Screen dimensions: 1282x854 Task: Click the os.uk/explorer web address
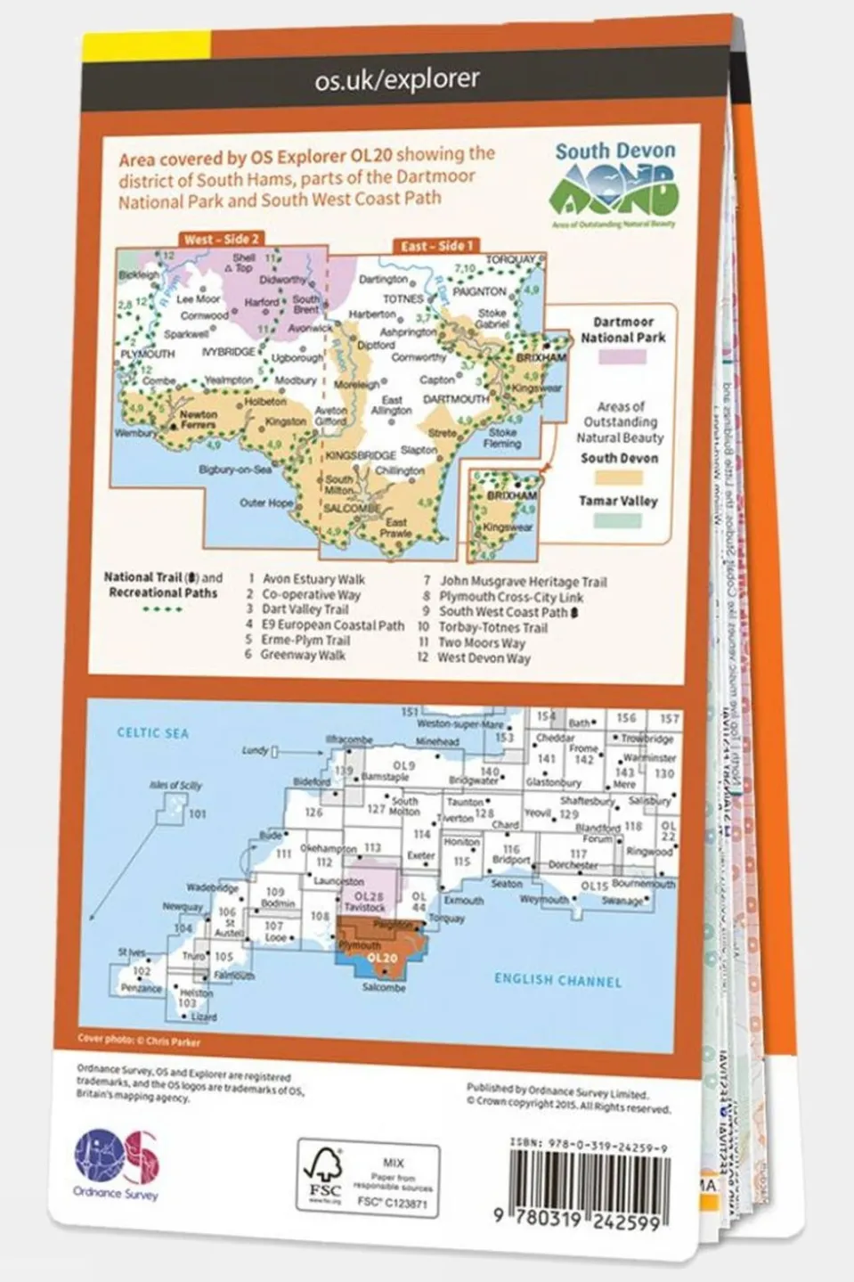[x=397, y=80]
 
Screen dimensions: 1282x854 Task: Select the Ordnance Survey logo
[x=116, y=1162]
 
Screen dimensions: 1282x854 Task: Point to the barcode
[x=588, y=1184]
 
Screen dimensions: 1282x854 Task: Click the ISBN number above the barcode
[x=589, y=1147]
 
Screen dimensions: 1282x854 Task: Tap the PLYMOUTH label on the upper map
[x=147, y=354]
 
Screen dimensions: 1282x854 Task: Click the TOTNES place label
[x=403, y=299]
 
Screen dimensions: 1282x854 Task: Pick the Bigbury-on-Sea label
[x=235, y=470]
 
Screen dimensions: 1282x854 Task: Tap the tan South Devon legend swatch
[x=620, y=478]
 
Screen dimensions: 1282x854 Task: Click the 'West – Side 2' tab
[x=221, y=240]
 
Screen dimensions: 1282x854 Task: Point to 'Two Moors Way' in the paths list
[x=481, y=642]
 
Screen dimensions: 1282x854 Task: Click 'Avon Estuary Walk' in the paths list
[x=313, y=579]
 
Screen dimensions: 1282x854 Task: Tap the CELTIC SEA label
[x=152, y=732]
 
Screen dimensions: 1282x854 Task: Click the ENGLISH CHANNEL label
[x=557, y=980]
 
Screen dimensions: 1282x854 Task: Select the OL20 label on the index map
[x=381, y=958]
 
